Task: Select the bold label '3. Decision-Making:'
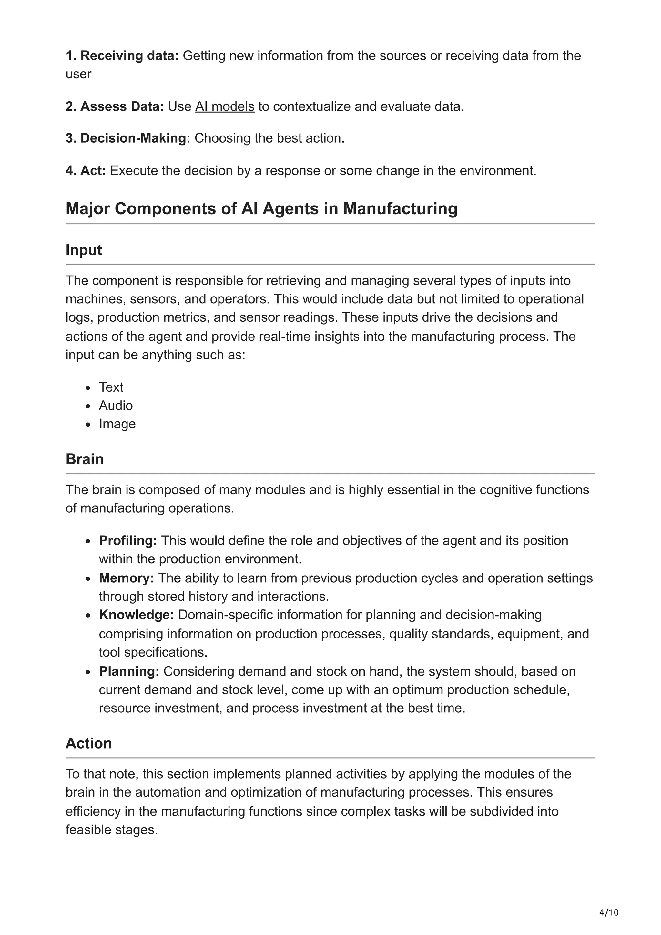pyautogui.click(x=128, y=138)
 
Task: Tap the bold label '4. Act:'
pyautogui.click(x=86, y=170)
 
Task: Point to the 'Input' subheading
pyautogui.click(x=84, y=250)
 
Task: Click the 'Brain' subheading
pyautogui.click(x=84, y=459)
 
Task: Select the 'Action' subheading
pyautogui.click(x=88, y=743)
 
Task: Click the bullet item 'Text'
pyautogui.click(x=111, y=387)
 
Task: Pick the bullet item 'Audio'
pyautogui.click(x=116, y=405)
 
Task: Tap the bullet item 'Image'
pyautogui.click(x=117, y=424)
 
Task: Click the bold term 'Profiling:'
pyautogui.click(x=127, y=540)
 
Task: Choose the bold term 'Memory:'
pyautogui.click(x=126, y=578)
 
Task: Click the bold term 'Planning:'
pyautogui.click(x=129, y=671)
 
